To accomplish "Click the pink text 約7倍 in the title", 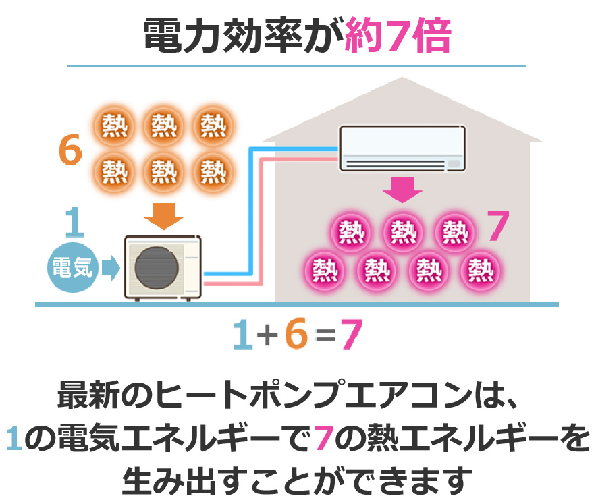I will click(398, 34).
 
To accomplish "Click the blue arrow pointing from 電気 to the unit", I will click(110, 269).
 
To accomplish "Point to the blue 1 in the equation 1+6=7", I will click(242, 335).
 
